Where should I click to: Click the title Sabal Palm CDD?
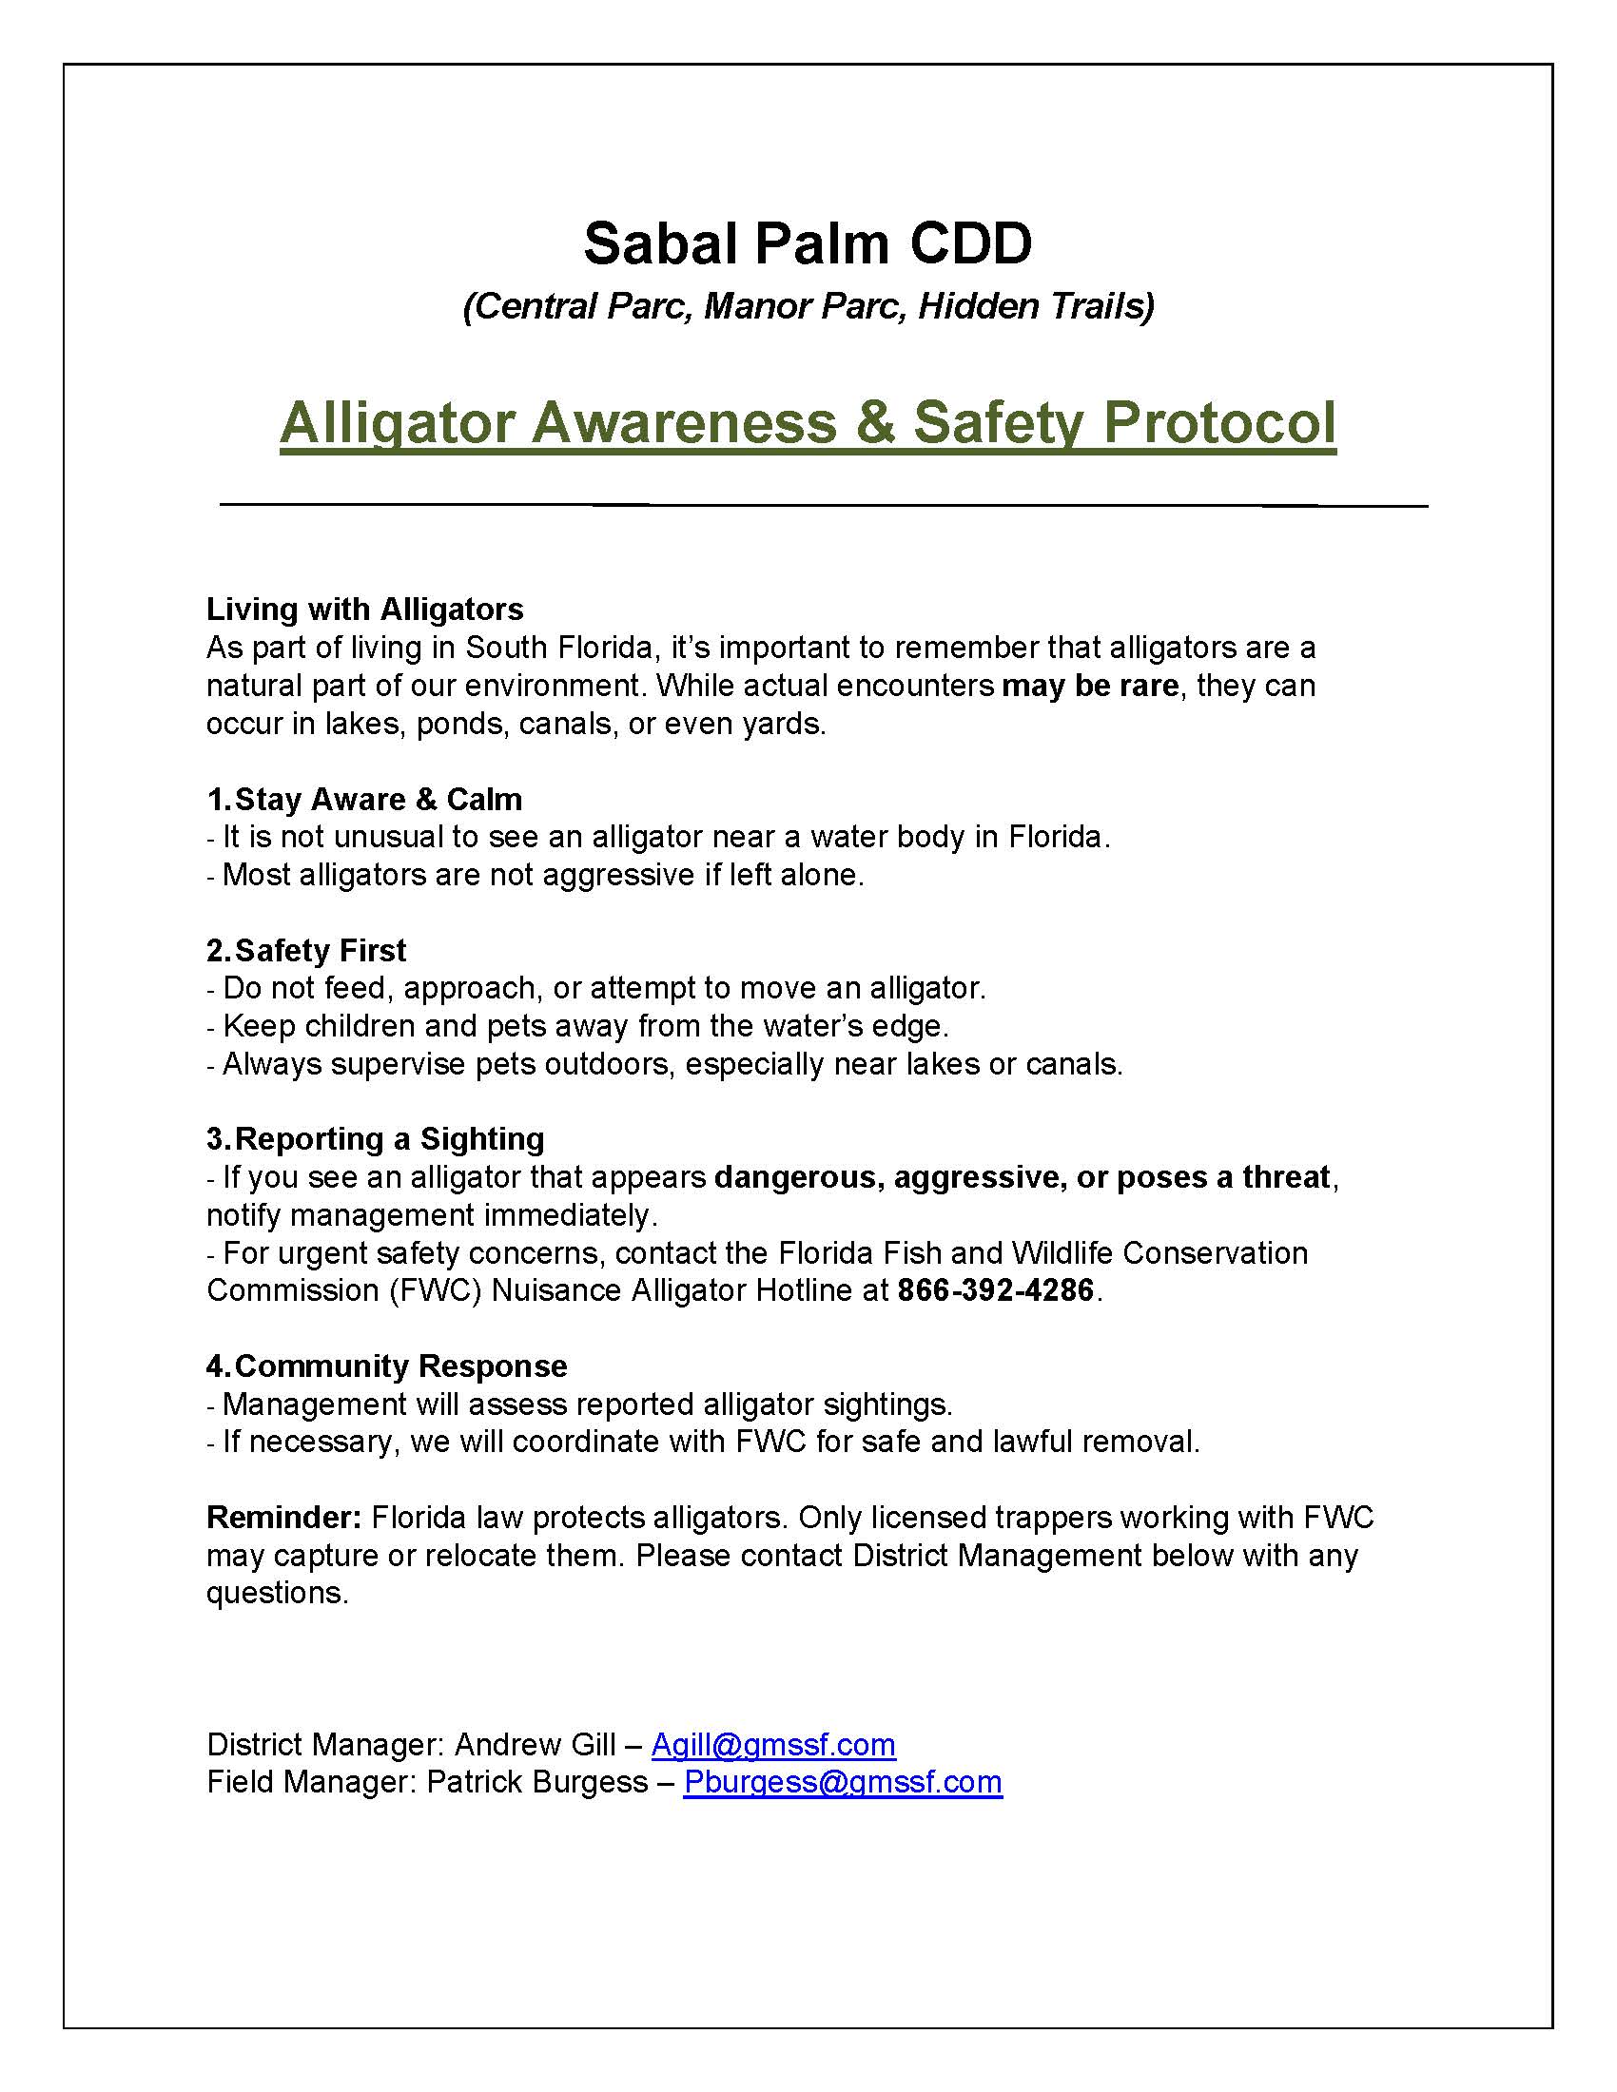click(x=808, y=243)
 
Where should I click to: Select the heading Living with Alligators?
click(x=365, y=610)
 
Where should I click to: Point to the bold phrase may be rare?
click(x=1089, y=686)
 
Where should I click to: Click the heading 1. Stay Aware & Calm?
click(x=365, y=799)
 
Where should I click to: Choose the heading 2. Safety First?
click(x=306, y=950)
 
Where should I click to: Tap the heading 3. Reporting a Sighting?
click(x=376, y=1138)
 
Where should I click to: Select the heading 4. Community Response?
click(x=387, y=1365)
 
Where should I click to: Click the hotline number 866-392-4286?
click(x=995, y=1290)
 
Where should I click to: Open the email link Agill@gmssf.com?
click(x=773, y=1744)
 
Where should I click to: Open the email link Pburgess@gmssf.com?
click(x=843, y=1782)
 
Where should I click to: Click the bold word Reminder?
click(x=283, y=1518)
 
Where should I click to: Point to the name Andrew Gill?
click(x=535, y=1744)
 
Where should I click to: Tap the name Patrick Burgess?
click(x=536, y=1782)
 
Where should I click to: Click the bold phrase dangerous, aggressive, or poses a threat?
click(x=1023, y=1176)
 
